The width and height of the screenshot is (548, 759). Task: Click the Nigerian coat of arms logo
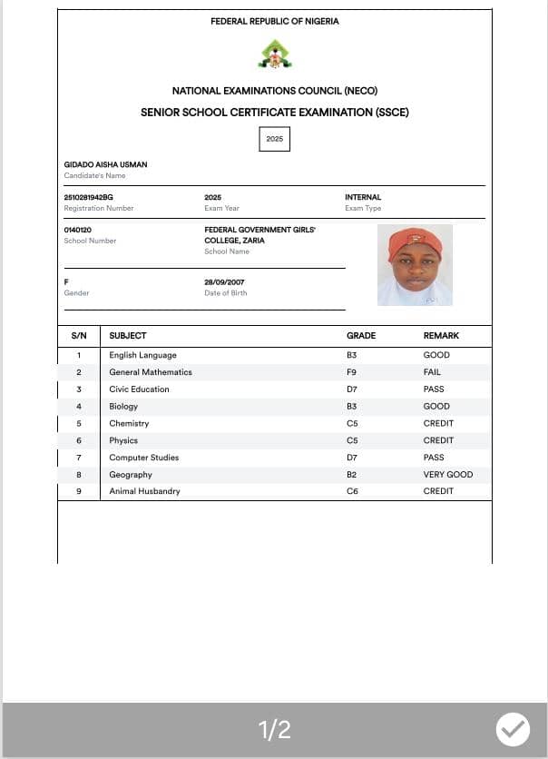(x=275, y=54)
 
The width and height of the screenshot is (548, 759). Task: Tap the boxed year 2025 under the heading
(x=274, y=139)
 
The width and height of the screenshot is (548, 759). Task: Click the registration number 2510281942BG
(x=89, y=197)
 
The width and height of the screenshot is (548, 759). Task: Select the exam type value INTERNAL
(x=363, y=197)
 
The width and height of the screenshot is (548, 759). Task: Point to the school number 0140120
(x=77, y=230)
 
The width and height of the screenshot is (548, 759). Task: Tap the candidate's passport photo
(x=415, y=264)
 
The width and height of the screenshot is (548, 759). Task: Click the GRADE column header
(x=360, y=336)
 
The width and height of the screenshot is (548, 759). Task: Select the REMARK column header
(x=441, y=336)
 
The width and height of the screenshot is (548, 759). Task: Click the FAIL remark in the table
(x=432, y=372)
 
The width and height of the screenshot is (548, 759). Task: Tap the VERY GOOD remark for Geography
(x=447, y=475)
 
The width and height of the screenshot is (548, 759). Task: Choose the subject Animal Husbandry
(x=144, y=491)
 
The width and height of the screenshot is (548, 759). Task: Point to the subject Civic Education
(x=139, y=389)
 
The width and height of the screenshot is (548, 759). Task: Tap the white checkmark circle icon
(x=513, y=728)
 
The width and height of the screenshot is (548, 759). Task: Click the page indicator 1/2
(x=274, y=729)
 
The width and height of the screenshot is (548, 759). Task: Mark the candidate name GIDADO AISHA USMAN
(x=105, y=164)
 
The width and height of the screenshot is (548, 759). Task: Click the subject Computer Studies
(x=143, y=458)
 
